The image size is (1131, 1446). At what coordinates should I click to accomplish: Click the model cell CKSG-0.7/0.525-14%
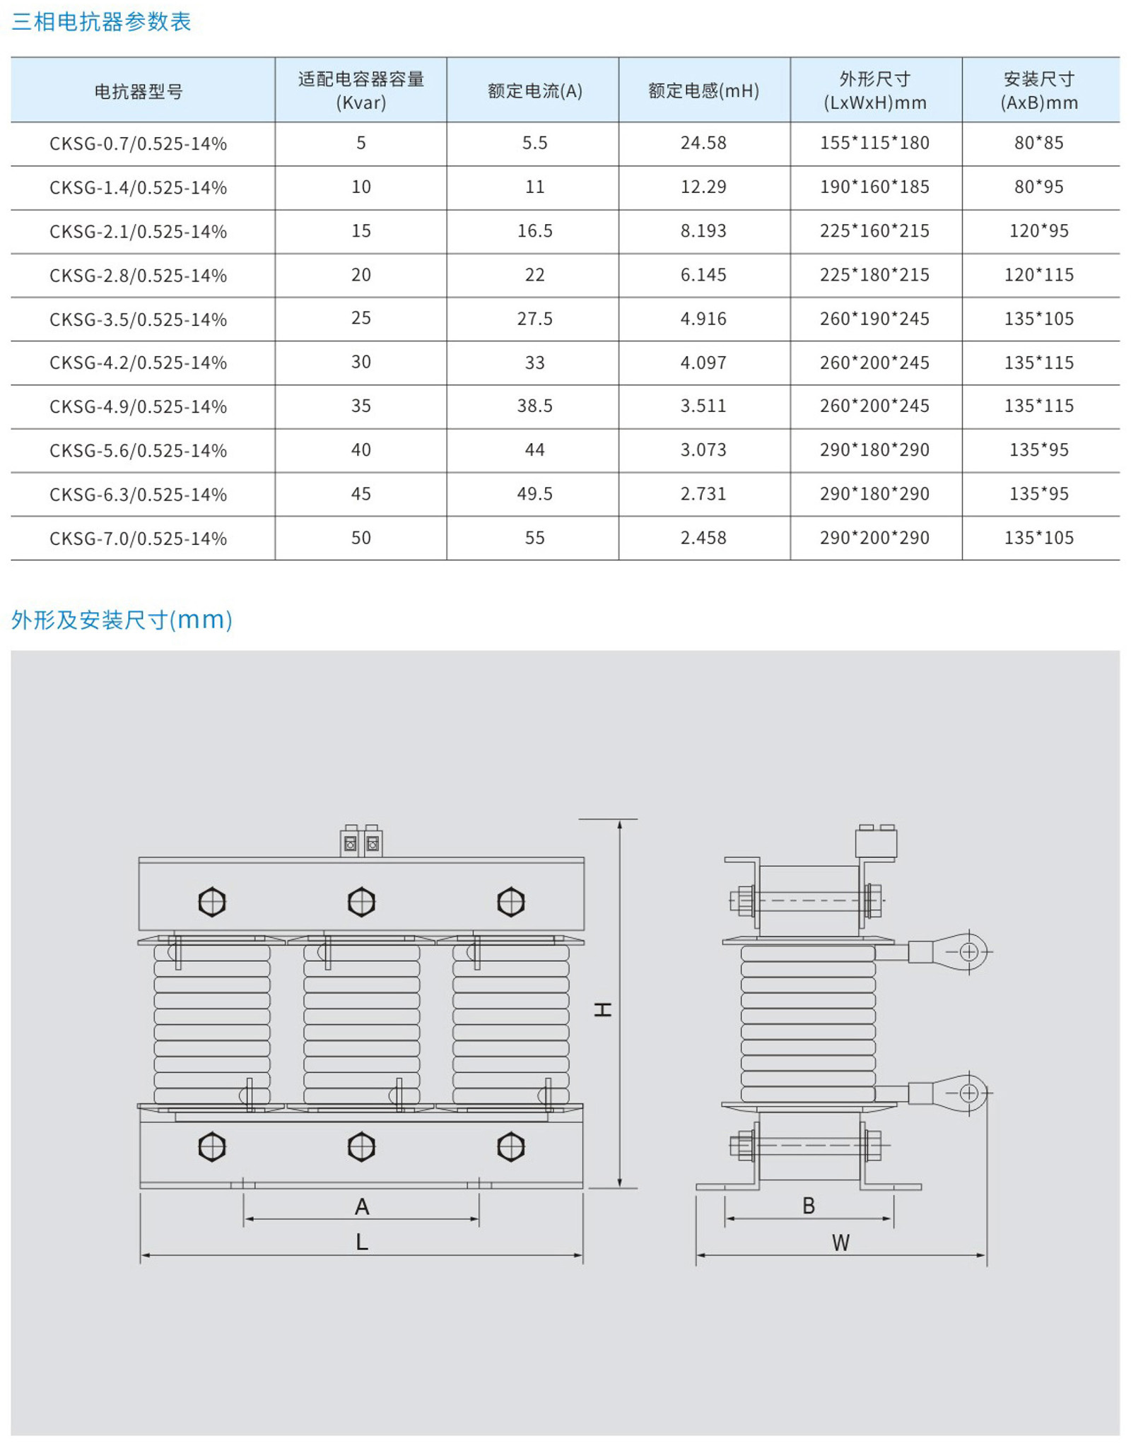(138, 143)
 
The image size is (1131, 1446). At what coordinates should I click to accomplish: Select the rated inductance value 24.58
(703, 143)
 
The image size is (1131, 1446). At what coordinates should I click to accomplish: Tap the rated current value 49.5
(534, 493)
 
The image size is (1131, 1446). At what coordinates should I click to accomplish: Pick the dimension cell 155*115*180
(874, 143)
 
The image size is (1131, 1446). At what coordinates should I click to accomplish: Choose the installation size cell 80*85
(1038, 143)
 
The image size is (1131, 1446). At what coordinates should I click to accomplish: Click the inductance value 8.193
(703, 230)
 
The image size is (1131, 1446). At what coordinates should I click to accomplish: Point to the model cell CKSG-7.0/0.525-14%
(138, 539)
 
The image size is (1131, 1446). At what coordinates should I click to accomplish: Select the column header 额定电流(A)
(534, 91)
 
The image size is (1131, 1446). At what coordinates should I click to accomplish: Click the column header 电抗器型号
(139, 91)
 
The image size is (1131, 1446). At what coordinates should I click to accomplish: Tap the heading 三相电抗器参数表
(101, 22)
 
